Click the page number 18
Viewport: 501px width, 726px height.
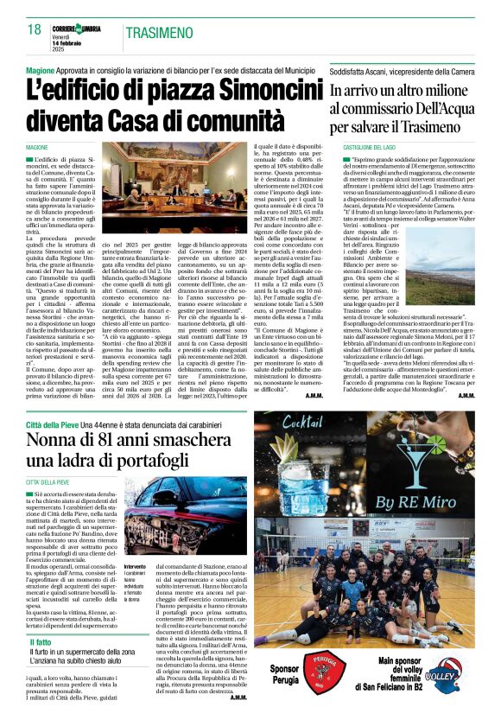click(35, 31)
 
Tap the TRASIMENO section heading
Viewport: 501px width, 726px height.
click(161, 32)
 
